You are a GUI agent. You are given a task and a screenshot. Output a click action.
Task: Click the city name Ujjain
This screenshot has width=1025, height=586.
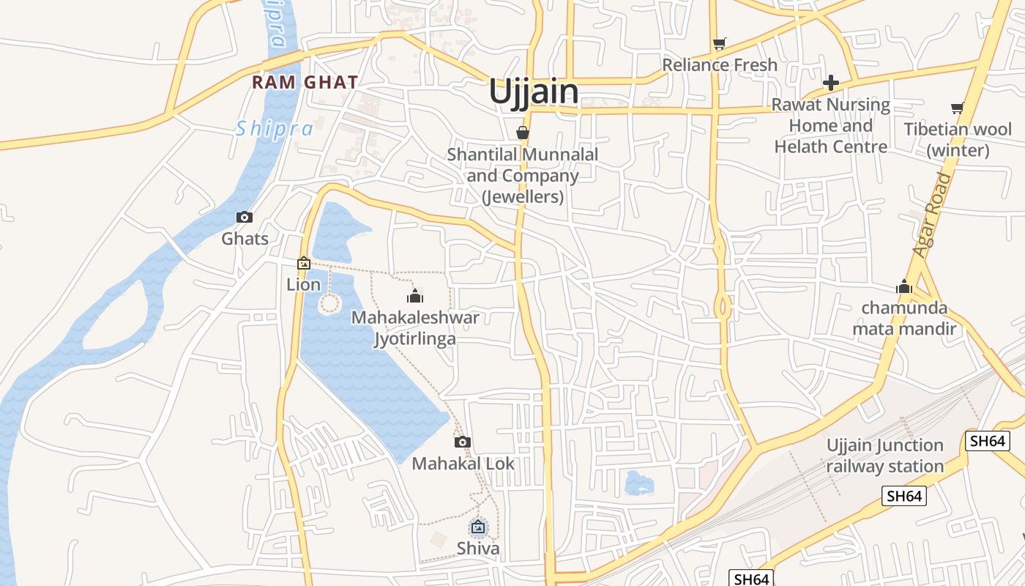click(x=533, y=92)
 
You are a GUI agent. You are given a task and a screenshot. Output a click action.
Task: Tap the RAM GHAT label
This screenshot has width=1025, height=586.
click(x=305, y=82)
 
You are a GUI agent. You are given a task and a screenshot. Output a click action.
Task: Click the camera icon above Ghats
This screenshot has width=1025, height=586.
click(x=245, y=217)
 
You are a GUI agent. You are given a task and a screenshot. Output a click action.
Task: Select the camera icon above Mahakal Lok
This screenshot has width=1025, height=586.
click(x=462, y=442)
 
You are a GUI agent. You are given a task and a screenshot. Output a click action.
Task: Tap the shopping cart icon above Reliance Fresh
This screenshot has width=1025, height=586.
click(x=719, y=44)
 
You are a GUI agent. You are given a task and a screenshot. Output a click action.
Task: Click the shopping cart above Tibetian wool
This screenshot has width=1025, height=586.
click(x=957, y=108)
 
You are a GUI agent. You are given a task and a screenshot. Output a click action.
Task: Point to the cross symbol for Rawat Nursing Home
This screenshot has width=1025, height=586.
click(x=831, y=82)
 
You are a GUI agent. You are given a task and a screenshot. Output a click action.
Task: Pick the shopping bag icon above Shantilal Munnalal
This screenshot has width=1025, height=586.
click(x=522, y=133)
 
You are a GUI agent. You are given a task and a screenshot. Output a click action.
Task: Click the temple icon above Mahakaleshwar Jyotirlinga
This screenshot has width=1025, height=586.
click(x=415, y=296)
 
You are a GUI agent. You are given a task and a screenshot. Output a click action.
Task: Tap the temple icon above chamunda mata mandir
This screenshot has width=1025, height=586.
click(x=904, y=286)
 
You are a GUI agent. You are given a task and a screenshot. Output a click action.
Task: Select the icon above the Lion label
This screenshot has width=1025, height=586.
click(x=303, y=263)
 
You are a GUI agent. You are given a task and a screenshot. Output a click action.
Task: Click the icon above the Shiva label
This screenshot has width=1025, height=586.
click(x=478, y=527)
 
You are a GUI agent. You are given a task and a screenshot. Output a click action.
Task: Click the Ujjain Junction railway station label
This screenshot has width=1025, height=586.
click(x=884, y=456)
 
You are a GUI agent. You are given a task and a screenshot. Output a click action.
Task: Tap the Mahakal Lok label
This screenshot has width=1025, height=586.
click(x=463, y=464)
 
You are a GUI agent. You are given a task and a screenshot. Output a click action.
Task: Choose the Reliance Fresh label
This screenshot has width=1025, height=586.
click(x=720, y=65)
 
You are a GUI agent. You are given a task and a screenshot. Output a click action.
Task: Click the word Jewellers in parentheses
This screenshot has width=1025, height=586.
click(x=523, y=197)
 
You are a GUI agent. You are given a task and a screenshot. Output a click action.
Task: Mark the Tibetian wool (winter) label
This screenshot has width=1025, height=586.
click(x=958, y=140)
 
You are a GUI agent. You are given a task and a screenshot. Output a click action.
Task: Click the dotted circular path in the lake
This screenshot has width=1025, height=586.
click(x=330, y=303)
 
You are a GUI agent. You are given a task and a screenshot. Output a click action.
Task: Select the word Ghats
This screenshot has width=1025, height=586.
click(x=245, y=239)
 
